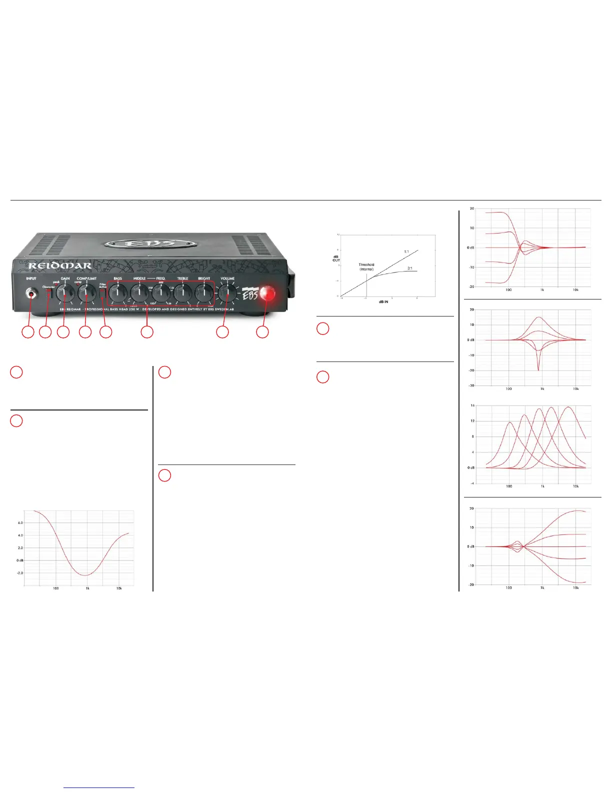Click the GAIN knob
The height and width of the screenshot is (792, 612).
[65, 293]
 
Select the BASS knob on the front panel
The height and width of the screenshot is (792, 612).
[117, 293]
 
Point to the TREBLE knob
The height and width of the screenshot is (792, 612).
[182, 293]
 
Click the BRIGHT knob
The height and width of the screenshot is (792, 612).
[204, 293]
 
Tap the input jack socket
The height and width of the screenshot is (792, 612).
[31, 294]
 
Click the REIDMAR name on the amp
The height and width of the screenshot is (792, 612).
[60, 266]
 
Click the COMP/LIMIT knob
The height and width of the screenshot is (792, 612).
[86, 293]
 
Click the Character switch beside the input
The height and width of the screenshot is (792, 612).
[49, 294]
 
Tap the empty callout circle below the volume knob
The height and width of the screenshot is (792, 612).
[222, 331]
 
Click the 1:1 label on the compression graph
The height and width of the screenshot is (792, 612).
[406, 251]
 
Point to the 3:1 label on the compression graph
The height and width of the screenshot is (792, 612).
[409, 268]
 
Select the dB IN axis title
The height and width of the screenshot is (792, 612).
[383, 302]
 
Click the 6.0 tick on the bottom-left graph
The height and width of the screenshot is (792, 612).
[20, 522]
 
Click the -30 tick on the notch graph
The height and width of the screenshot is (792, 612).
[471, 385]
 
